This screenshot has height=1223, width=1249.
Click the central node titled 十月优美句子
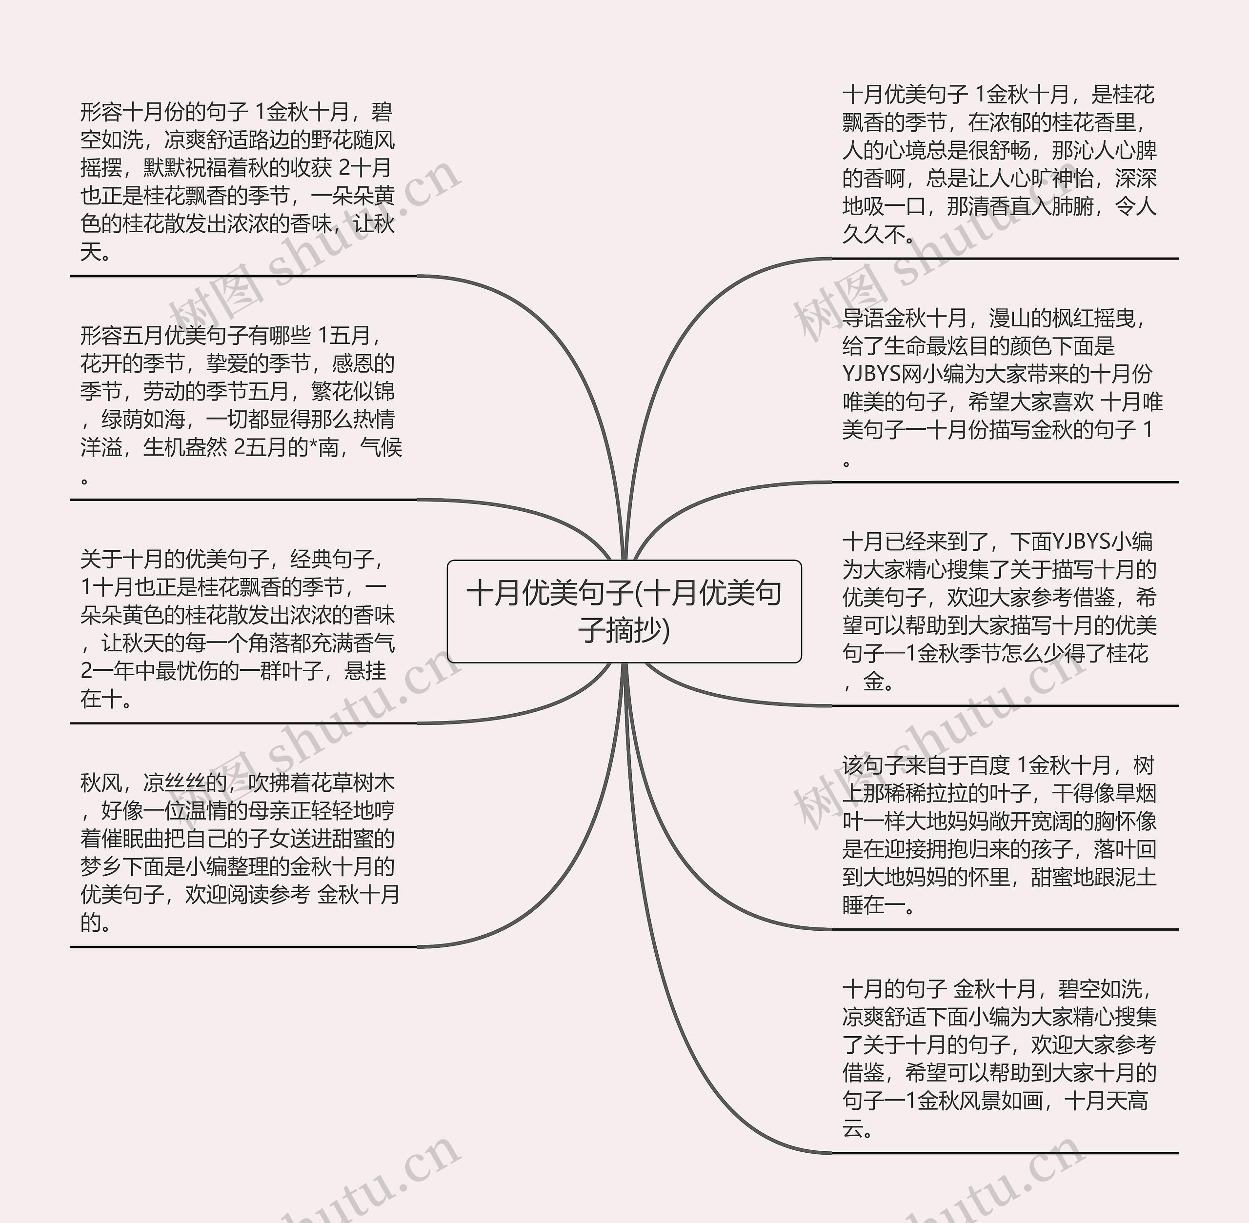pyautogui.click(x=624, y=611)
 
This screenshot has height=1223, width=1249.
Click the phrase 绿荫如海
pyautogui.click(x=143, y=420)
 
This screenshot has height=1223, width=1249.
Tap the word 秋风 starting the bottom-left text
pyautogui.click(x=101, y=783)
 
